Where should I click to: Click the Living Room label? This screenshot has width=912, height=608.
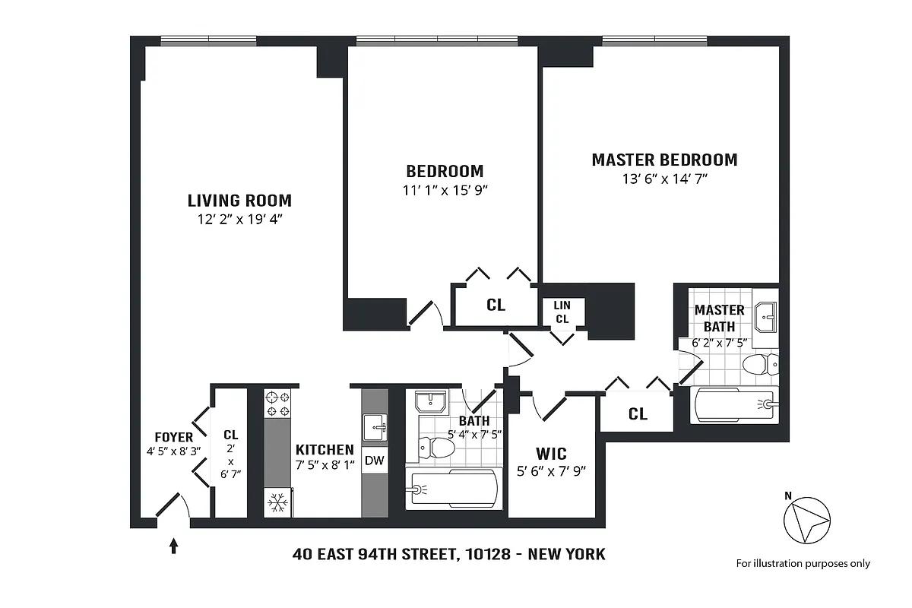(239, 201)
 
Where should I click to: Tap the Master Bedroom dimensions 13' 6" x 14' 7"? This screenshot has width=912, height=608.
(664, 179)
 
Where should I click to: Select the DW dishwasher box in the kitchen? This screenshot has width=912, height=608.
(374, 460)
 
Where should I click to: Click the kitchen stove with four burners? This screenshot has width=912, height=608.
(277, 404)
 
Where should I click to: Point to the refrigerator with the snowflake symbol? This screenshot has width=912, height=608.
(277, 502)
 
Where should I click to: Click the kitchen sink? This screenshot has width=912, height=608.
(374, 426)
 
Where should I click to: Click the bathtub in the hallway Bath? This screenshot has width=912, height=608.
(453, 489)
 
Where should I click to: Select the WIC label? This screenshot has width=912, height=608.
(551, 454)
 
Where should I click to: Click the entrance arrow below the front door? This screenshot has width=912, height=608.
(174, 545)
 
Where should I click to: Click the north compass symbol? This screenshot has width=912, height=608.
(807, 519)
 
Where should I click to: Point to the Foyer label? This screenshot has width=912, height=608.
(173, 438)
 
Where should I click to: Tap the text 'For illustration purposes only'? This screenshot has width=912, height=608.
(803, 563)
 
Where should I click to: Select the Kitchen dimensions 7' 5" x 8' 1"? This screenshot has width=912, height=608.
(325, 465)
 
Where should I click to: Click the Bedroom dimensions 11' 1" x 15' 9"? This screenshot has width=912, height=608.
(445, 190)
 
